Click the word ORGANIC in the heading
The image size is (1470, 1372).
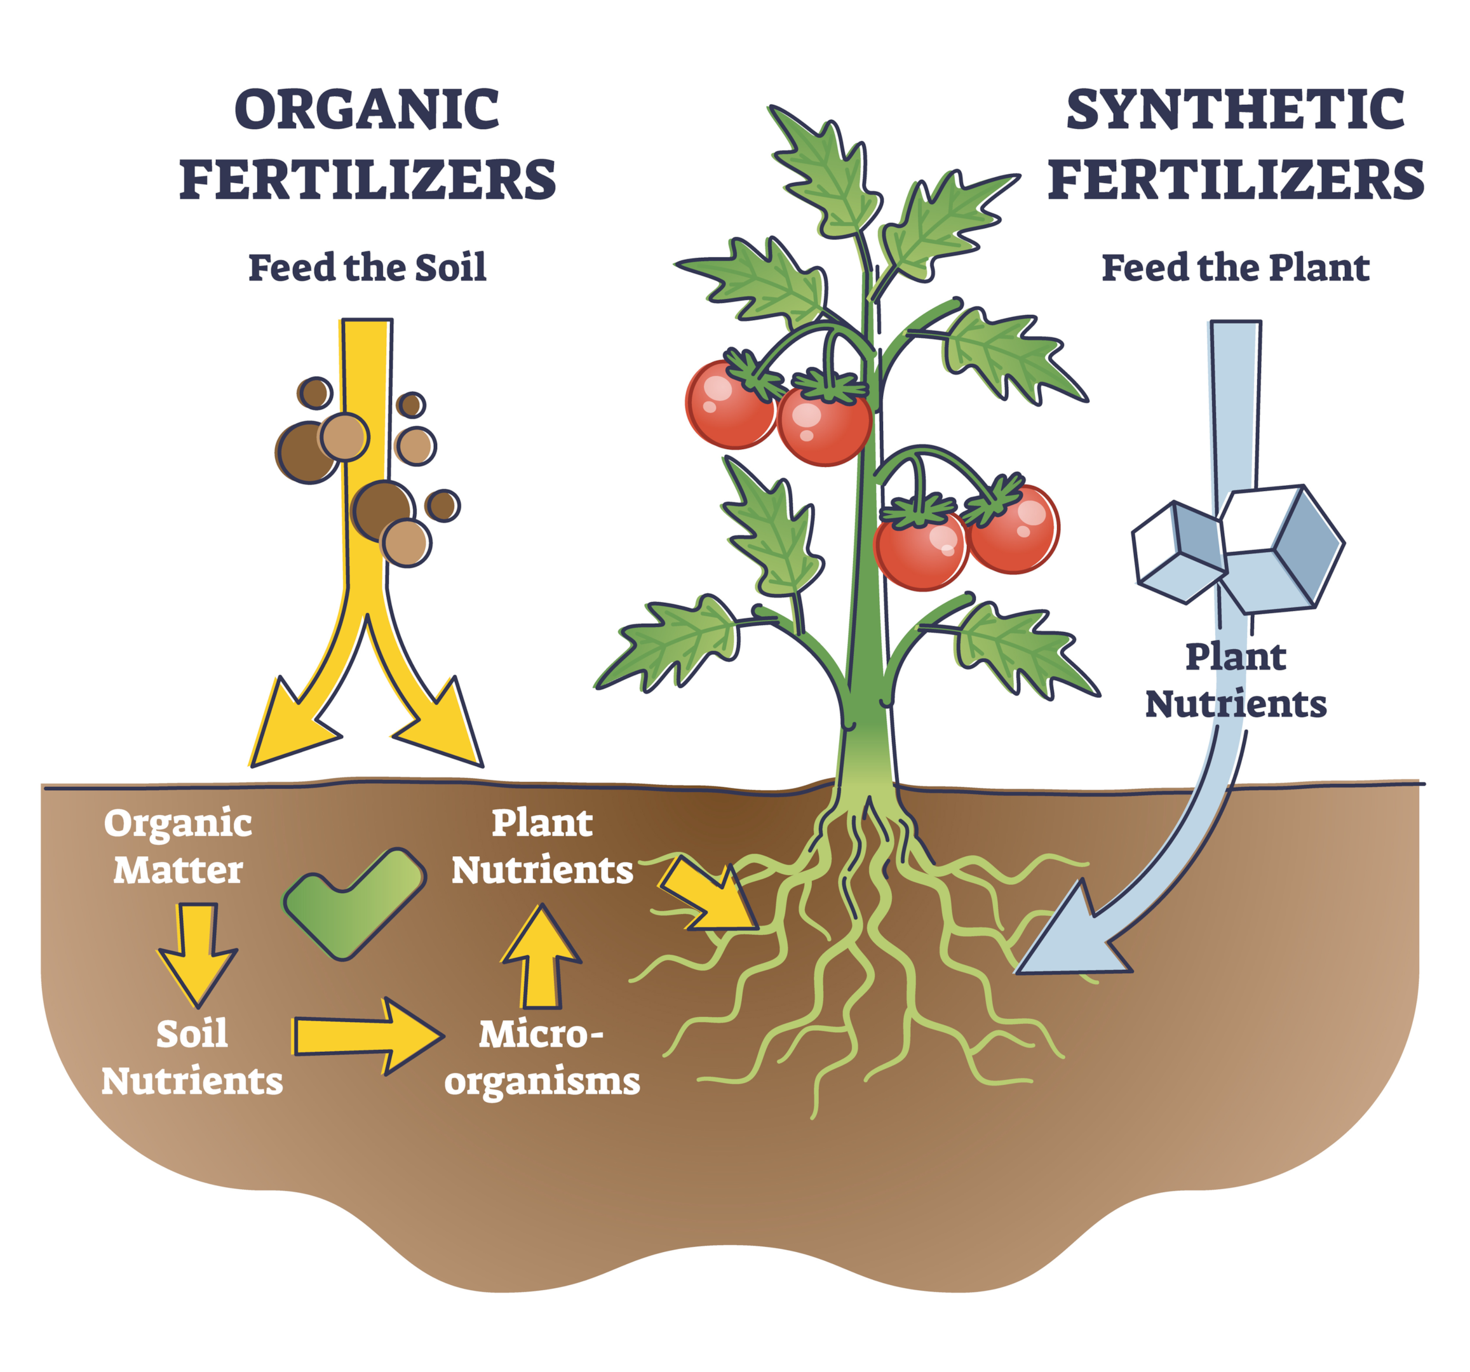[x=367, y=109]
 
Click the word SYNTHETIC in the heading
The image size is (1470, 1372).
[x=1235, y=109]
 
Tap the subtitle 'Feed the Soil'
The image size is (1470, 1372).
[x=367, y=267]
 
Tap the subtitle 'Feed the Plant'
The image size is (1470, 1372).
[x=1235, y=267]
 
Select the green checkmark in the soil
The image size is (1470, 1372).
[x=353, y=903]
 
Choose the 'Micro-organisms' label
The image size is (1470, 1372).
[x=542, y=1057]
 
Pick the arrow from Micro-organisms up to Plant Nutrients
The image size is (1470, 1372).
[x=541, y=957]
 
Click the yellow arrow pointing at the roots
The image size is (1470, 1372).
[x=708, y=893]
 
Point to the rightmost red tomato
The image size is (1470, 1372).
[x=1013, y=528]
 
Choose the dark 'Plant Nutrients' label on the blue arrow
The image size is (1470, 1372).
[x=1236, y=680]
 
